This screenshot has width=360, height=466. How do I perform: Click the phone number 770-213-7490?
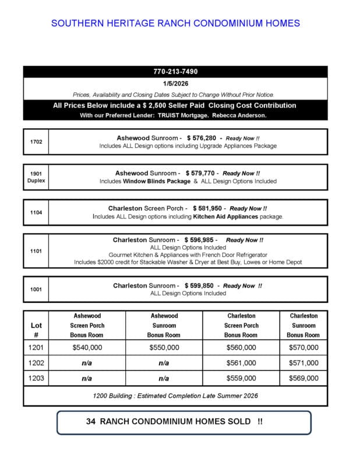(x=175, y=72)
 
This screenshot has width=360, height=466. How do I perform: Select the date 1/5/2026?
(x=175, y=84)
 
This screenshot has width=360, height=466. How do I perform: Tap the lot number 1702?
(x=36, y=142)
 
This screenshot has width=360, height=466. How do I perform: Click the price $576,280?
(x=201, y=137)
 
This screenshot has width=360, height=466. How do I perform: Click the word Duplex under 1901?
(x=36, y=181)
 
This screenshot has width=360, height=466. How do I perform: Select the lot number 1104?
(x=36, y=213)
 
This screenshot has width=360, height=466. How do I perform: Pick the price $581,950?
(x=207, y=208)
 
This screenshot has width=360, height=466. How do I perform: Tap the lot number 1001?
(x=36, y=290)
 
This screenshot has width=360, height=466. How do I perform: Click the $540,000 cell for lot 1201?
(x=87, y=348)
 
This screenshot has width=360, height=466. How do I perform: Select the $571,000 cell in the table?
(x=303, y=363)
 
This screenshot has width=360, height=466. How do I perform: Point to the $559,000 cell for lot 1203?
(x=241, y=378)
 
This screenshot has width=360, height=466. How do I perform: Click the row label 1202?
(x=36, y=363)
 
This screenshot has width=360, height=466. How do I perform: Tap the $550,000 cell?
(x=164, y=348)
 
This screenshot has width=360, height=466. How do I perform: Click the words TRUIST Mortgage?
(x=189, y=115)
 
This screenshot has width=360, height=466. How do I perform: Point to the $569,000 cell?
(x=303, y=378)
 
